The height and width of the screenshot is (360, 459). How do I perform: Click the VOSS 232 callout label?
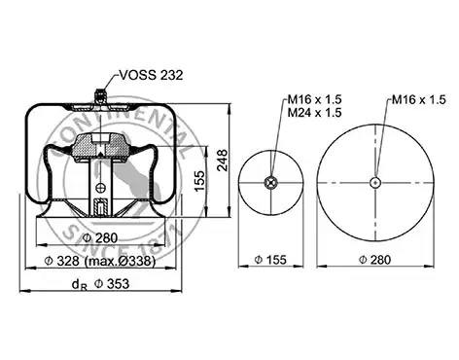click(x=152, y=75)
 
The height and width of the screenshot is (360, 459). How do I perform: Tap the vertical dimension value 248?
click(x=223, y=161)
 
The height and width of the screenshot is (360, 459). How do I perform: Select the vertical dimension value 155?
click(x=200, y=181)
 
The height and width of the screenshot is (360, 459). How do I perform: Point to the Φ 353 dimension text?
click(x=112, y=283)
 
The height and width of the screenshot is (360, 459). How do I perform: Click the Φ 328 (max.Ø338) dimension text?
click(x=99, y=261)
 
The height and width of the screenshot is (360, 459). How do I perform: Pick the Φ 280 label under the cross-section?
click(x=99, y=237)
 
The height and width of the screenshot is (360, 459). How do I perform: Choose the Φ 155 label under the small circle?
click(x=270, y=260)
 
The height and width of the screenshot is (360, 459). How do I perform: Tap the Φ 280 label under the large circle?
click(x=374, y=260)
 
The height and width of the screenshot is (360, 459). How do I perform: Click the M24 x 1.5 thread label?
click(x=315, y=113)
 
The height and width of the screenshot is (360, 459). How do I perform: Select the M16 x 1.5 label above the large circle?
click(x=419, y=99)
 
